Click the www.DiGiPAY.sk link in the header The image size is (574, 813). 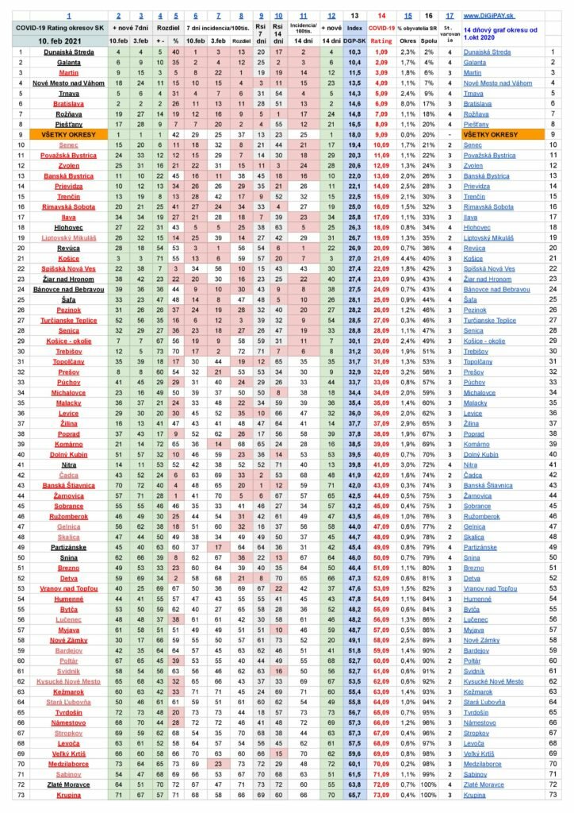pyautogui.click(x=488, y=15)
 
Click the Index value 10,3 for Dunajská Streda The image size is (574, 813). pyautogui.click(x=355, y=52)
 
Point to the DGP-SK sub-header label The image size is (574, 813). pyautogui.click(x=355, y=39)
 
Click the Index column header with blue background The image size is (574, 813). pyautogui.click(x=355, y=27)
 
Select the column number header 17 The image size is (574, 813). pyautogui.click(x=450, y=15)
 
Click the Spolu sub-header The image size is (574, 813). pyautogui.click(x=428, y=39)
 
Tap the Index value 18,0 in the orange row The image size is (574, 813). pyautogui.click(x=355, y=135)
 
